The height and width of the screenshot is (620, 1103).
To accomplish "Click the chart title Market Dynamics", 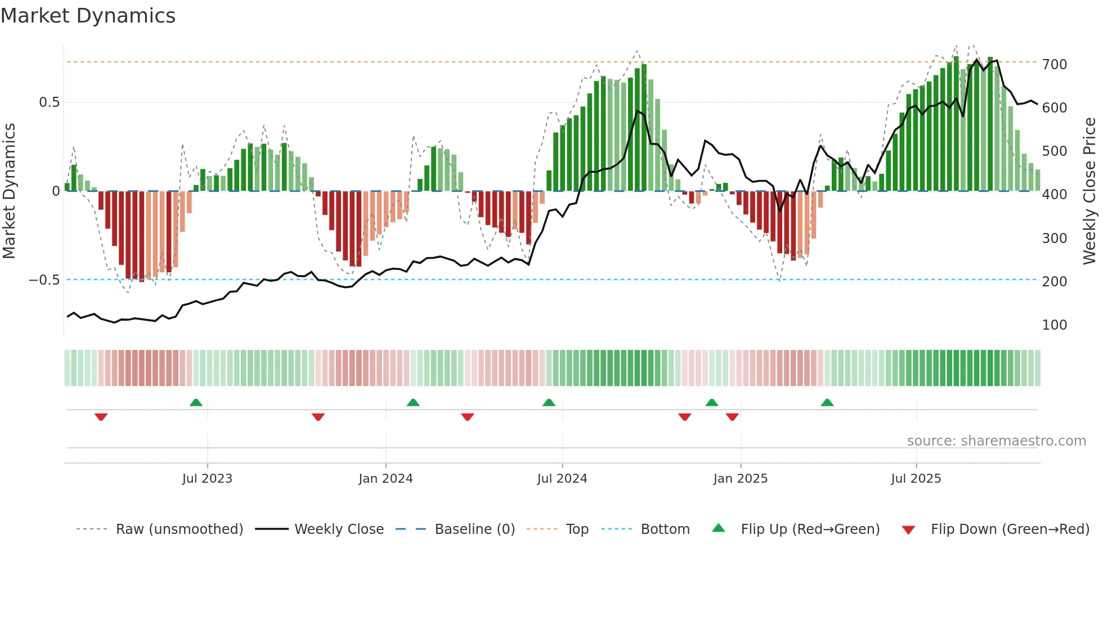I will [x=88, y=16].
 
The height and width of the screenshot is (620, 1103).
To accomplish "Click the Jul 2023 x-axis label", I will [x=207, y=479].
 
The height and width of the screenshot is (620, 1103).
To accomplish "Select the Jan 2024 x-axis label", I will [x=385, y=479].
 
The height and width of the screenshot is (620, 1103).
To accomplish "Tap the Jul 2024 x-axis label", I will [x=562, y=479].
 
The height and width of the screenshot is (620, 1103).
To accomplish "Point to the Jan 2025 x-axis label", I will [x=740, y=479].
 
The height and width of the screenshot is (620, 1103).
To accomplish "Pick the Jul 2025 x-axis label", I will [x=916, y=479].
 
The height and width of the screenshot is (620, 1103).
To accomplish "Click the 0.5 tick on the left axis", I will [x=49, y=102].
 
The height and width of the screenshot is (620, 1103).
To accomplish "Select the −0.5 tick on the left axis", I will [x=44, y=280].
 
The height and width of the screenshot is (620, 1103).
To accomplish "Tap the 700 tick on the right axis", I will [x=1054, y=65].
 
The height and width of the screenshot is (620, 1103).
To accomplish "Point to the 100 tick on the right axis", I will [x=1054, y=325].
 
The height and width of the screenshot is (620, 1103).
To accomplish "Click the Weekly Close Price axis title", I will [x=1090, y=191].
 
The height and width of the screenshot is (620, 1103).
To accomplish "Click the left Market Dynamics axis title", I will [x=9, y=191].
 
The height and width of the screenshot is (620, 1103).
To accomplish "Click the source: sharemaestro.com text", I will [x=996, y=441].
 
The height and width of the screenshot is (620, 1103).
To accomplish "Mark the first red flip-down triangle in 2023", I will [x=101, y=417].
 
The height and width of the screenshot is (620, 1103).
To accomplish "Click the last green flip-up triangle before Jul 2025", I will [x=827, y=403].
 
